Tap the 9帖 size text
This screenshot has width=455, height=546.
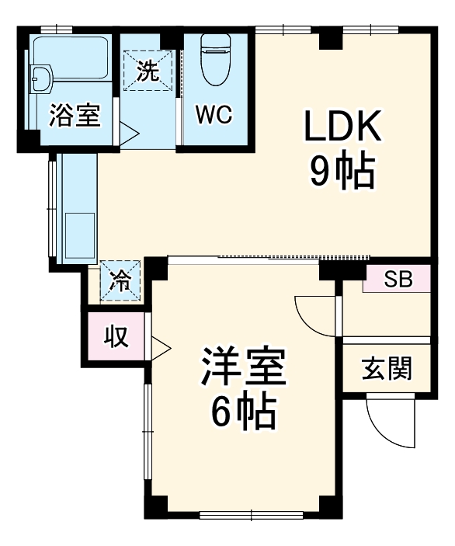click(342, 172)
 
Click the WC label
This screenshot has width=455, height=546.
click(213, 114)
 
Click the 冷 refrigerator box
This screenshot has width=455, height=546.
click(121, 280)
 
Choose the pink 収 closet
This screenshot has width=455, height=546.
click(116, 336)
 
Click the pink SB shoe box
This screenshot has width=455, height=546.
click(398, 279)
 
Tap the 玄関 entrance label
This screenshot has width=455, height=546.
click(386, 369)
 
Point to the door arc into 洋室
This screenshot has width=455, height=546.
click(314, 315)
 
